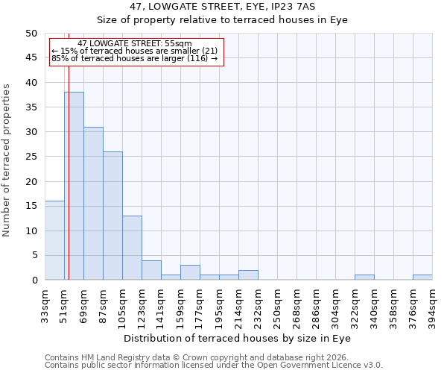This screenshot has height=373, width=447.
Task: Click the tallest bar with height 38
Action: click(74, 186)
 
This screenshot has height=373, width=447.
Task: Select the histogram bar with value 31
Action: click(93, 203)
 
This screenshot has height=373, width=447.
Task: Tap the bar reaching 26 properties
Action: click(112, 216)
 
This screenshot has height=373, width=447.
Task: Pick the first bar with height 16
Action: click(54, 240)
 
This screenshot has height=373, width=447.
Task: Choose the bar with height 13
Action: click(132, 248)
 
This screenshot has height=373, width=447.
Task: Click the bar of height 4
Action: click(151, 270)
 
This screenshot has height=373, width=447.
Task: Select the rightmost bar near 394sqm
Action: click(422, 278)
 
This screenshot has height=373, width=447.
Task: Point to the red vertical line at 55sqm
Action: click(69, 172)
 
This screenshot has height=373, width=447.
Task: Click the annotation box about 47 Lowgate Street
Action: click(136, 51)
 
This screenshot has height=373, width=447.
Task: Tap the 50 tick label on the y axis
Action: click(31, 34)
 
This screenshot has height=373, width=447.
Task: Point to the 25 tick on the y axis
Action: click(31, 157)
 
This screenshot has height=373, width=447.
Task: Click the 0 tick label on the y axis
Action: click(34, 280)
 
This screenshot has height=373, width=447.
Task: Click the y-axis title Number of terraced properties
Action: click(7, 160)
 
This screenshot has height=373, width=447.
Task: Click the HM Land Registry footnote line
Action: click(197, 357)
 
